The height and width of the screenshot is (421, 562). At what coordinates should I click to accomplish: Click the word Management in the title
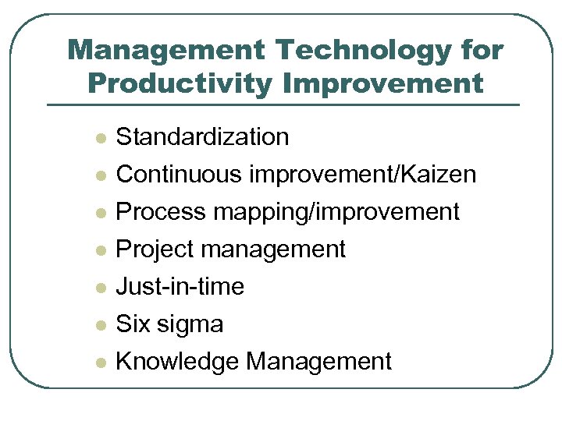tap(165, 51)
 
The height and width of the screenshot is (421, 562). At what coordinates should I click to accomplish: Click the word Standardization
tap(202, 137)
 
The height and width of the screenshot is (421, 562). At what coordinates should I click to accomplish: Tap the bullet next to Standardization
tap(99, 139)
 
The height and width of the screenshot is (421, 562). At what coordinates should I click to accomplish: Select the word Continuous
tap(179, 175)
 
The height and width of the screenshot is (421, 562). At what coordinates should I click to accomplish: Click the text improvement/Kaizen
tap(362, 175)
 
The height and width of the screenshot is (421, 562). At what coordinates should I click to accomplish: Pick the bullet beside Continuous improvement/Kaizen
tap(99, 176)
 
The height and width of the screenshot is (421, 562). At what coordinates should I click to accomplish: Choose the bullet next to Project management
tap(99, 251)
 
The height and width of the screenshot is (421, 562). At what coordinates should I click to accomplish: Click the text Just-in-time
tap(180, 287)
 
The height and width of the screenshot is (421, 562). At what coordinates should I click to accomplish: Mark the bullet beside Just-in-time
tap(99, 288)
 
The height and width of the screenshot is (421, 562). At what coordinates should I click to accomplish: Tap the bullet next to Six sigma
tap(99, 326)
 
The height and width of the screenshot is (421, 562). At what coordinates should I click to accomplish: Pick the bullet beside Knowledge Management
tap(99, 363)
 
